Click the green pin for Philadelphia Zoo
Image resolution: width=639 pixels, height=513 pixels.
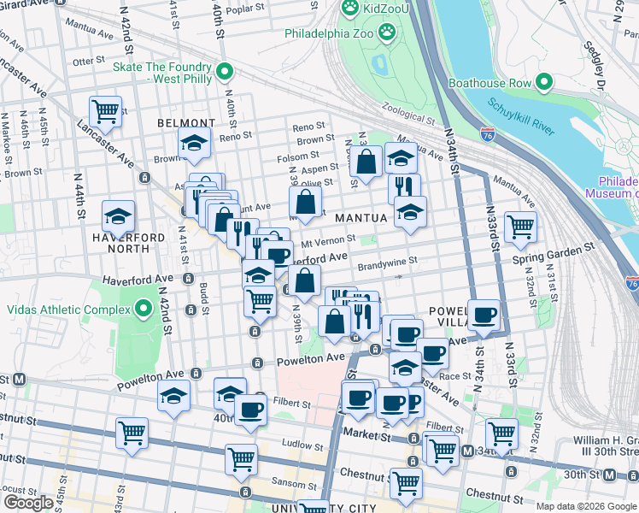(387, 32)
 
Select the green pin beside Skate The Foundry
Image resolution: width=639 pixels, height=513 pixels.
(225, 72)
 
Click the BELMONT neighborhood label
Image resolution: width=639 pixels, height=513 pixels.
(185, 123)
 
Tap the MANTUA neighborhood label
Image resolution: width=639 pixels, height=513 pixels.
(361, 218)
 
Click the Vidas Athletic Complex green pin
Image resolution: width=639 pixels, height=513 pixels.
(140, 307)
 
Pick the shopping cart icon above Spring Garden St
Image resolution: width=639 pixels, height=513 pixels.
(520, 227)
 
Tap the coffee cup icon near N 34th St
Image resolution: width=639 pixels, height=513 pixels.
(484, 315)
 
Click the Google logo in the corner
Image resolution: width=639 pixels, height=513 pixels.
(28, 502)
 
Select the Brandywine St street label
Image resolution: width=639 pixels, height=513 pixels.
(387, 262)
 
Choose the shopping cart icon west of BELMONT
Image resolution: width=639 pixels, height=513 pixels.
(105, 110)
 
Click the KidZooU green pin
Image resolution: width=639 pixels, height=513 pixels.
(349, 9)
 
